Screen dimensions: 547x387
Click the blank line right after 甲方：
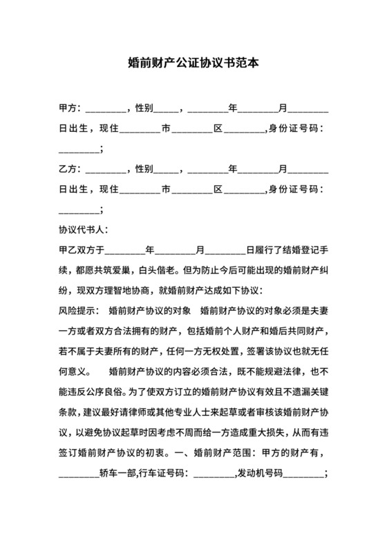tap(106, 111)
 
